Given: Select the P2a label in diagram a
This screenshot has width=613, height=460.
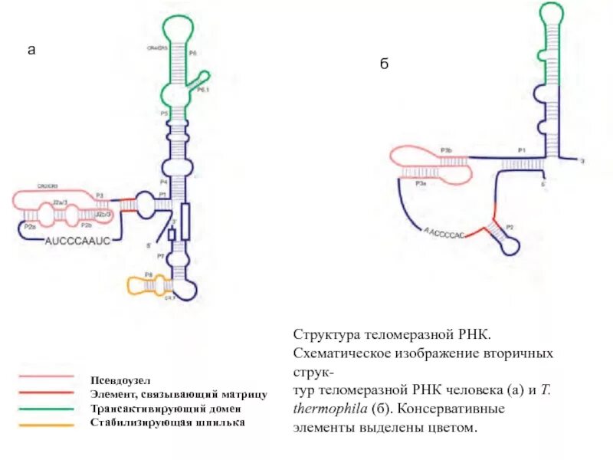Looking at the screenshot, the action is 30,227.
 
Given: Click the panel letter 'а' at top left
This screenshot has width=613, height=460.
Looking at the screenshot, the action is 31,51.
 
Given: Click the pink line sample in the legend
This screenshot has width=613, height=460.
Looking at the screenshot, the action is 47,377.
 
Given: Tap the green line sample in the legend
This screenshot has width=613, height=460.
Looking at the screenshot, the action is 47,407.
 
